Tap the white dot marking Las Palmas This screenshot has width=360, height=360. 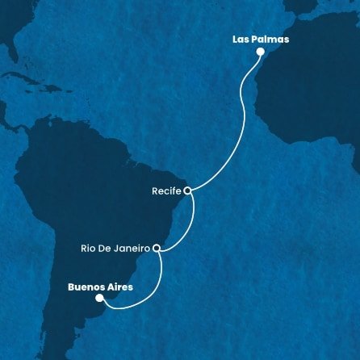pos(260,52)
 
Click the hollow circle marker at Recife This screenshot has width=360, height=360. pos(187,191)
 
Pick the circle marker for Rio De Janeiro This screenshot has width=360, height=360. pos(158,249)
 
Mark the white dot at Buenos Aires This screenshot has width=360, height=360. pos(99,297)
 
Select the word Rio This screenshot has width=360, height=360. pos(89,248)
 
